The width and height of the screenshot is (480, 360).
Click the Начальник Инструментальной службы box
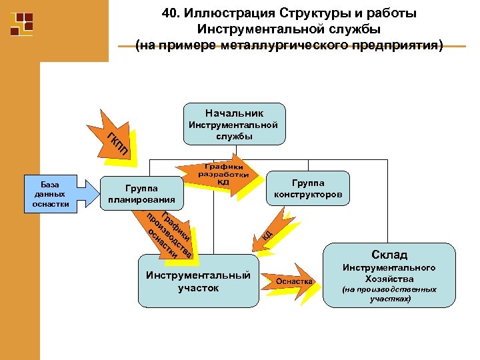(234, 124)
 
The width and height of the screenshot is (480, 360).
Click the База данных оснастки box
(50, 194)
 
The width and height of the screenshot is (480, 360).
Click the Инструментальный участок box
(198, 281)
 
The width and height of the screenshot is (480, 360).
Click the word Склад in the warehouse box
(390, 255)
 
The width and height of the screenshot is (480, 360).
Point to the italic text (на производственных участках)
(390, 294)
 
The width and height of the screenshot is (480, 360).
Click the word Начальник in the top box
(234, 113)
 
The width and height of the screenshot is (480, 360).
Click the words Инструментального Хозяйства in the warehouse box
(390, 273)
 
